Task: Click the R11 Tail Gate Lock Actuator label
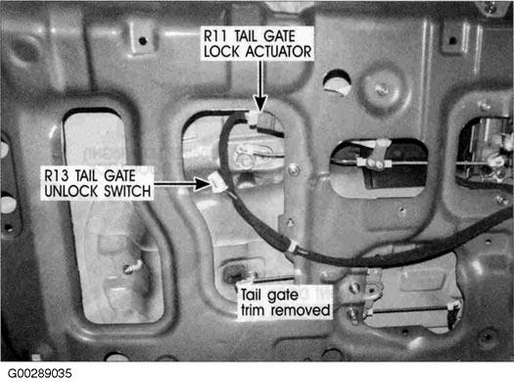tap(257, 44)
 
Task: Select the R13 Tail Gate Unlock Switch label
tap(97, 183)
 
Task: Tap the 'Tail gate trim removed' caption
tap(285, 303)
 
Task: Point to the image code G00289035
tap(40, 373)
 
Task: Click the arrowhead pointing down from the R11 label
tap(260, 103)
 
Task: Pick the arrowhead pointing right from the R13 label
tap(203, 183)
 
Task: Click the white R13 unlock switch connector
tap(216, 182)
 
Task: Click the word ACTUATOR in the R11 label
tap(278, 52)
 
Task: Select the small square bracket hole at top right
tap(452, 41)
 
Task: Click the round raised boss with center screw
tap(380, 88)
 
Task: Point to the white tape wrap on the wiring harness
tap(292, 246)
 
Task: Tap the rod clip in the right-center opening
tap(375, 157)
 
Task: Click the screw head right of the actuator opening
tap(294, 169)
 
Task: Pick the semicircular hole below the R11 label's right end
tap(337, 82)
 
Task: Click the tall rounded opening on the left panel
tap(114, 215)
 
